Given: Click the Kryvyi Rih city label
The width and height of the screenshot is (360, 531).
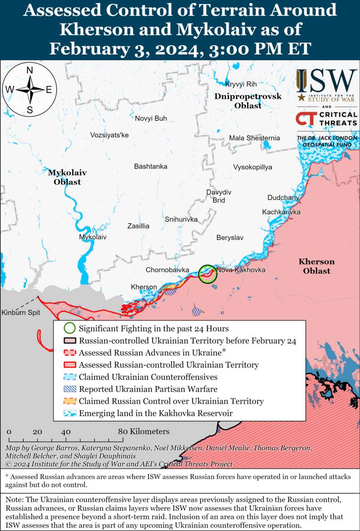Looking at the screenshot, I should point(240,84).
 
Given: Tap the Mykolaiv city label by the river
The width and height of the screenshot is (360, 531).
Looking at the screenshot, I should point(93,236).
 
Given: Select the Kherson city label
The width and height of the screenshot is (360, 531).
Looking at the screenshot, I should point(144,287).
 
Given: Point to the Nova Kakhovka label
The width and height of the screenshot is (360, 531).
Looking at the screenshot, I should point(241,270).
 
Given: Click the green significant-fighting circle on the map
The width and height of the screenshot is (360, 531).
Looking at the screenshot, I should point(207,273).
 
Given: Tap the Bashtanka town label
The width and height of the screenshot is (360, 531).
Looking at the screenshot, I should point(150,166).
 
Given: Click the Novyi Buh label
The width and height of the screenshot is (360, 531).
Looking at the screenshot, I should point(151,118).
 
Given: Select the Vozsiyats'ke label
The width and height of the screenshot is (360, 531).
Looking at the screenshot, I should point(109,135).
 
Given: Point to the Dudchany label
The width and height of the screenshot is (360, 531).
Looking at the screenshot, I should point(283,197).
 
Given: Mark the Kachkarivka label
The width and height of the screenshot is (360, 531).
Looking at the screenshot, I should point(281,212).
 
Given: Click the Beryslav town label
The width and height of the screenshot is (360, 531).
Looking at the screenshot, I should point(229,237).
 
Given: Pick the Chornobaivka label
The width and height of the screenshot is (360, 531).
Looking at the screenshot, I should point(167,270).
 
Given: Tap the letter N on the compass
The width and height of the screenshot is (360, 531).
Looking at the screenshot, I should point(30,70).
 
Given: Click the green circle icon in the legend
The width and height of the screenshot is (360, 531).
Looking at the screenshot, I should point(69,328).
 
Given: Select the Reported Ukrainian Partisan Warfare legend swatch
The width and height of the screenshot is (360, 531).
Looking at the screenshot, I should point(69,389).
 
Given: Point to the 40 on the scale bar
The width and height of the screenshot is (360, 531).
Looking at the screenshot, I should point(66,431).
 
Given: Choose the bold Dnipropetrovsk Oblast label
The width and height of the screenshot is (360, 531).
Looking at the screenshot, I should point(248,101).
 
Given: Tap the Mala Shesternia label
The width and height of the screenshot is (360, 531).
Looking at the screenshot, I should point(254,138).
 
